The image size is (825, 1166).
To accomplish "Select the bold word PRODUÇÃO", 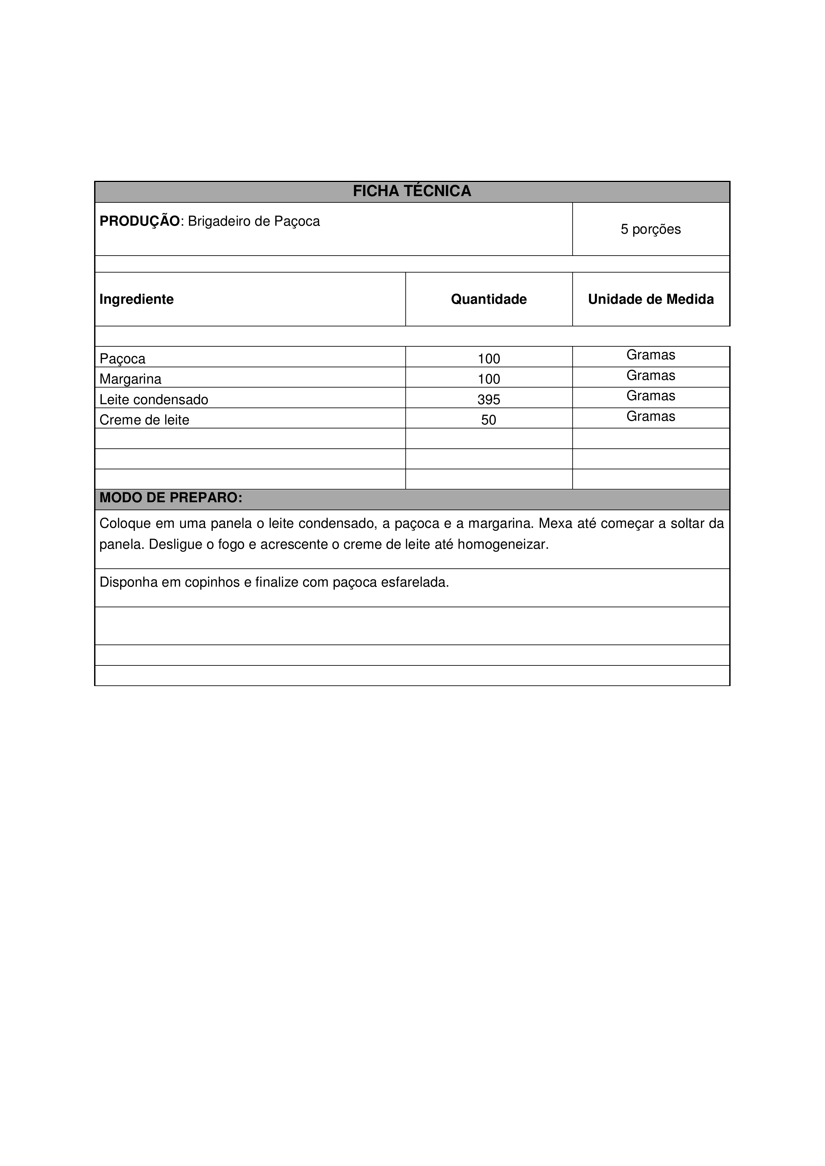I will [x=139, y=221].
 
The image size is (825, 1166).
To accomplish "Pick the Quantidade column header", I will [x=489, y=299].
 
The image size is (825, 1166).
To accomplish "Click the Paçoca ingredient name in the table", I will [x=122, y=359].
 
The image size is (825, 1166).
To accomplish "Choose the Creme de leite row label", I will [x=144, y=420].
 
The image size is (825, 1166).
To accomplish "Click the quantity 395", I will [x=489, y=400].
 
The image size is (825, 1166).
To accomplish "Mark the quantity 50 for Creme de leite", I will [x=489, y=420].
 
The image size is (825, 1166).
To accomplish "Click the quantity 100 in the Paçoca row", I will [x=489, y=359].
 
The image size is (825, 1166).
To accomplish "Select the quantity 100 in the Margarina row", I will [x=489, y=379].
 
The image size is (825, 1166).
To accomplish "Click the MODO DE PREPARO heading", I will [x=171, y=498].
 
